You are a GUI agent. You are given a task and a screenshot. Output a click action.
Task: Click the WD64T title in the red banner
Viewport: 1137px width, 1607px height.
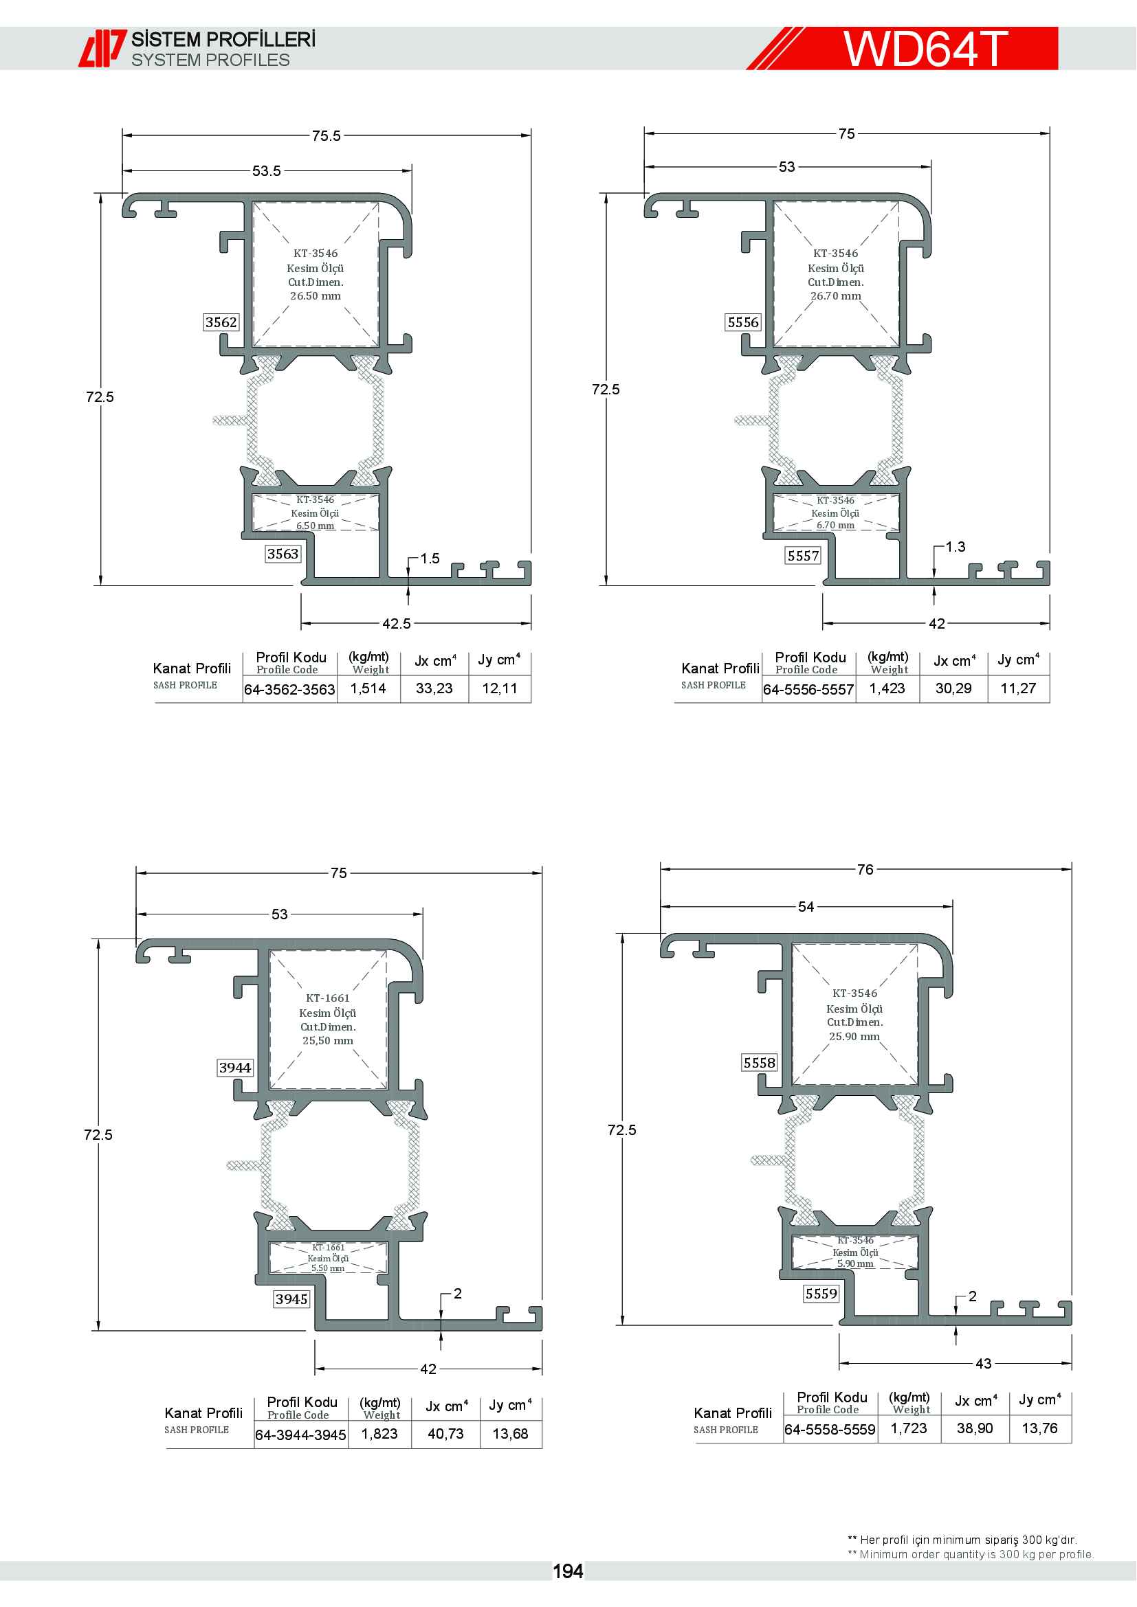point(925,48)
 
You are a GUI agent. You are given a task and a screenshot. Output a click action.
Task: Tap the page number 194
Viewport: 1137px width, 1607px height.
point(568,1571)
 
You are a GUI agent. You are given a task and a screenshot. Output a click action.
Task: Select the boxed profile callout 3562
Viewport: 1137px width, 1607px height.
point(221,322)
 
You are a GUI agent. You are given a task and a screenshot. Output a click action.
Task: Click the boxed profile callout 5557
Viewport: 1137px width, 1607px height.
point(803,556)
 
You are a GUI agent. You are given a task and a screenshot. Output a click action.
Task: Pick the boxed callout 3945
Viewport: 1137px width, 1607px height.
point(291,1299)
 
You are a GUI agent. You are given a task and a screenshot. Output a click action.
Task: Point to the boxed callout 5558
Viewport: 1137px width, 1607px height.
point(760,1062)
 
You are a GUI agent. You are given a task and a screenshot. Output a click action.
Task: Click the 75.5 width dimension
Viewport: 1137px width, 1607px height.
point(327,136)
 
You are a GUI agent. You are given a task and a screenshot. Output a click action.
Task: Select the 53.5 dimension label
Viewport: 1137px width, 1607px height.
point(266,171)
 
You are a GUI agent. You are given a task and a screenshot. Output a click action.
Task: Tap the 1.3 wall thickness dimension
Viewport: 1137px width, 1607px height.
point(955,547)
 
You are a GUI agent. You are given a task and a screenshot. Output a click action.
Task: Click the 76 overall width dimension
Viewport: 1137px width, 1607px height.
point(865,869)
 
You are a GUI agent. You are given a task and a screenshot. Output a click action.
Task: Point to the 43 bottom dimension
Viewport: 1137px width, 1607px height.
point(984,1362)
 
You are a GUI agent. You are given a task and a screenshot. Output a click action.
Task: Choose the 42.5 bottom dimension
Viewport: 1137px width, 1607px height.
point(396,623)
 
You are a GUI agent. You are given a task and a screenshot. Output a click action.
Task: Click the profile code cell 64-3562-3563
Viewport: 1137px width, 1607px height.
point(289,689)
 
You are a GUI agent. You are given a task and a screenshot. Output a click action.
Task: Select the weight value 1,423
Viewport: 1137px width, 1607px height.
point(887,688)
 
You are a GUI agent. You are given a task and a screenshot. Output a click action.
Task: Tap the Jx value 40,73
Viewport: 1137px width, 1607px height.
point(445,1433)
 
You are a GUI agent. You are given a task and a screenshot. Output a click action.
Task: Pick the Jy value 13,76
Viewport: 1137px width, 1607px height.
point(1039,1428)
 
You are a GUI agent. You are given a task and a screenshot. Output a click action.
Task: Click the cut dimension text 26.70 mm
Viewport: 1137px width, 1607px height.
point(836,296)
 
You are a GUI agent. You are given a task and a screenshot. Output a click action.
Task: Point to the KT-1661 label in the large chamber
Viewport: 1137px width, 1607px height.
point(328,998)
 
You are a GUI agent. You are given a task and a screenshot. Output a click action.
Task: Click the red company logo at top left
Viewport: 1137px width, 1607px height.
point(102,48)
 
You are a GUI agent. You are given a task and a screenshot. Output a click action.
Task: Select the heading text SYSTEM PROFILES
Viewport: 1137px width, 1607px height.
point(211,60)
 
